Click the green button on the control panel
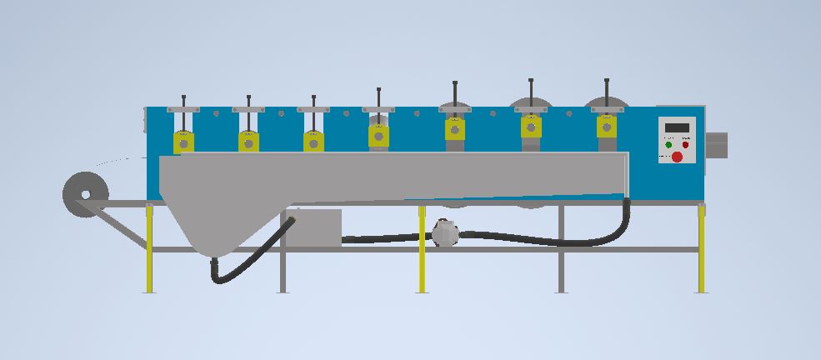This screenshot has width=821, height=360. [x=668, y=144]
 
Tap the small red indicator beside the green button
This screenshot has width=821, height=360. [x=685, y=144]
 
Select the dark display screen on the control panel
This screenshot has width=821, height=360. [x=676, y=127]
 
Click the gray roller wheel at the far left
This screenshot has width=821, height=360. [x=84, y=192]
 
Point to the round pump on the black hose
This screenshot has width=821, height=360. [x=445, y=233]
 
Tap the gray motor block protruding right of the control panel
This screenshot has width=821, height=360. [x=717, y=144]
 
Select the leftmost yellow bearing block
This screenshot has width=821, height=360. [x=183, y=141]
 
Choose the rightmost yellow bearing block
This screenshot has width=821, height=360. [x=606, y=126]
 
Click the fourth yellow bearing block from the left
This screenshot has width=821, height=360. [x=378, y=134]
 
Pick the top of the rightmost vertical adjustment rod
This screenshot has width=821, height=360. [x=606, y=82]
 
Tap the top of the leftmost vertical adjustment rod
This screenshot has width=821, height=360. [x=183, y=97]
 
